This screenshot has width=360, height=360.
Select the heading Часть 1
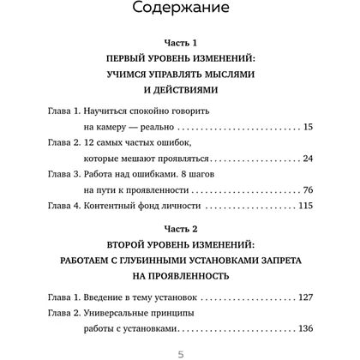[180, 41]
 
